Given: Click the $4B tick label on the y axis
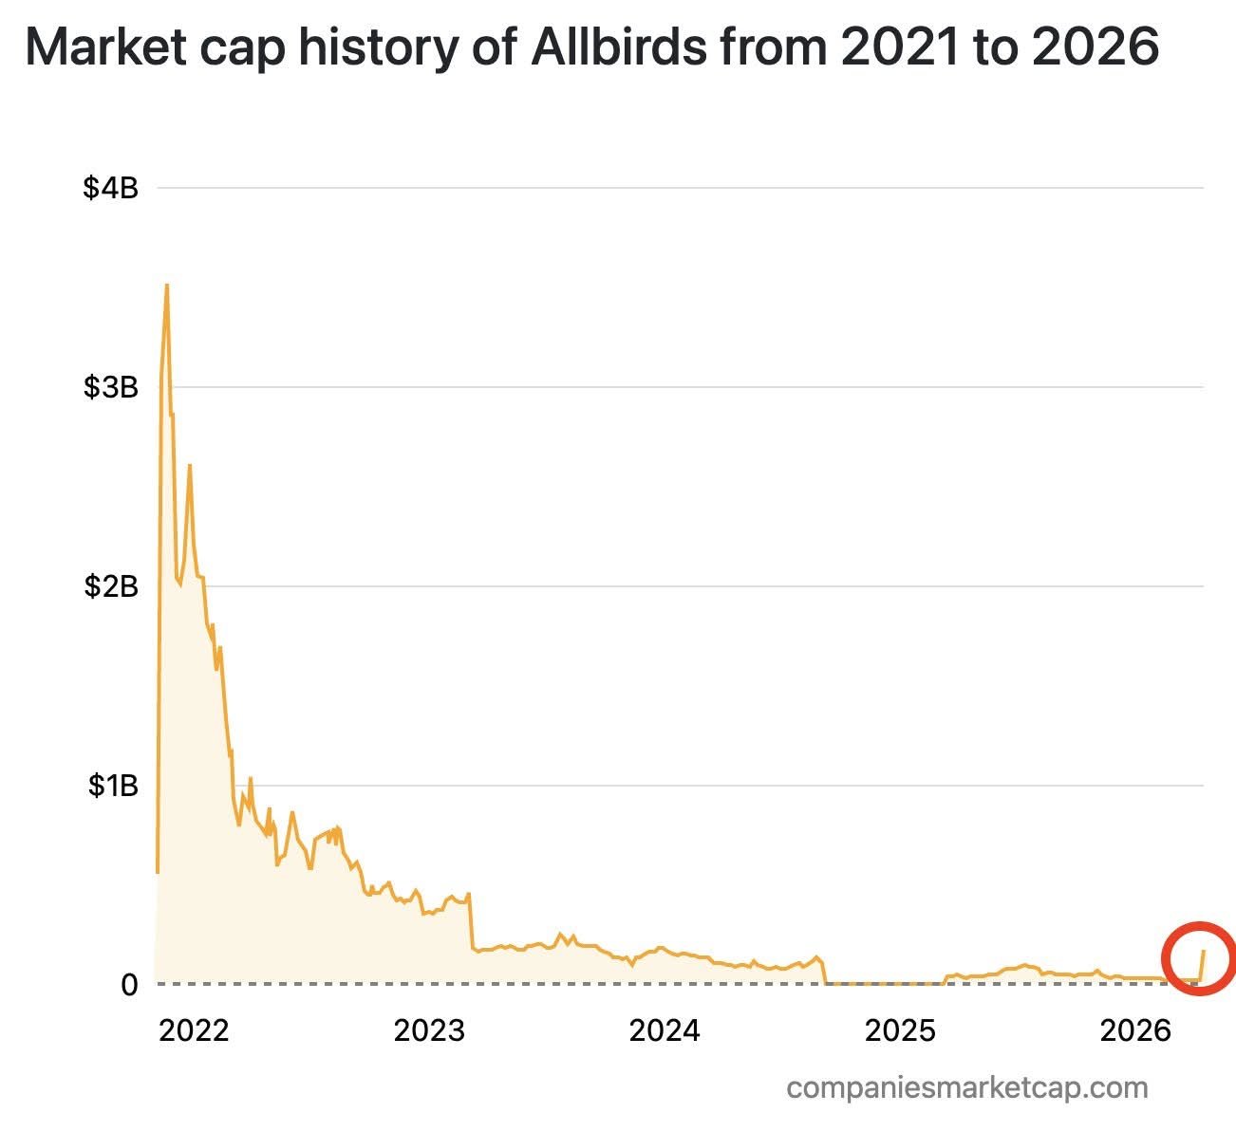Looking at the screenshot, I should (111, 188).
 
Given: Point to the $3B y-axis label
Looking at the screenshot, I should (111, 387).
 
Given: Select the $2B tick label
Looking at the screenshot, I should (111, 586).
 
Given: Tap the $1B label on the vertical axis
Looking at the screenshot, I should (113, 786).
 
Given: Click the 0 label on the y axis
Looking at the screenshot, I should (129, 985).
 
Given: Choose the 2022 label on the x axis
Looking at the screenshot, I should (194, 1030).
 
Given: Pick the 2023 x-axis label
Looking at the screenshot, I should (429, 1030).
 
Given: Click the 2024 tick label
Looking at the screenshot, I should (665, 1030).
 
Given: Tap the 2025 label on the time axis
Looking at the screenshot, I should (900, 1030).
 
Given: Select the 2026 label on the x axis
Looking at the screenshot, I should (1135, 1030).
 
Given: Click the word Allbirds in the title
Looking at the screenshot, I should (618, 47).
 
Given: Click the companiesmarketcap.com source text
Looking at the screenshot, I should (967, 1087).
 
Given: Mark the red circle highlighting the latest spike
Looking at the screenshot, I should (1198, 958).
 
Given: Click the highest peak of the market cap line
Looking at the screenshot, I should (167, 285).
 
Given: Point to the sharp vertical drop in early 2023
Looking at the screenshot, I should (471, 920).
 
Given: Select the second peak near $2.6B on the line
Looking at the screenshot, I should (190, 465).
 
